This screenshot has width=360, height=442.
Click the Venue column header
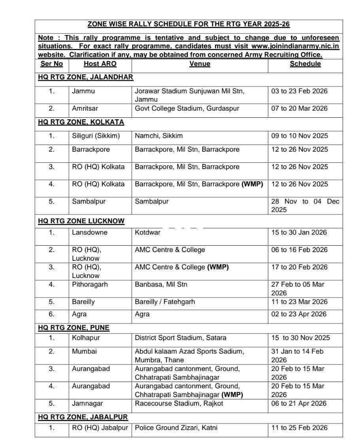click(x=200, y=64)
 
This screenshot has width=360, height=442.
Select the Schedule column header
click(x=305, y=64)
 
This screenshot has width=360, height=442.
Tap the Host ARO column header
click(x=100, y=64)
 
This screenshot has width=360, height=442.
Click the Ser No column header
click(x=51, y=64)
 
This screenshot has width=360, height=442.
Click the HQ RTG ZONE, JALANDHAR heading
click(x=85, y=77)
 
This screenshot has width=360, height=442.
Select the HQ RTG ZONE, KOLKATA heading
click(x=81, y=122)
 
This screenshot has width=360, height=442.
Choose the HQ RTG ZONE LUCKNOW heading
click(x=81, y=221)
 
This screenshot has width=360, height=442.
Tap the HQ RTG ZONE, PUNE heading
click(x=74, y=328)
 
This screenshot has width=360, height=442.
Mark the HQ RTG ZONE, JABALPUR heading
click(x=83, y=417)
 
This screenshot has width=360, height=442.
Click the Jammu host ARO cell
click(x=83, y=91)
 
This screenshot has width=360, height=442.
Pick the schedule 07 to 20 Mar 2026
click(x=300, y=109)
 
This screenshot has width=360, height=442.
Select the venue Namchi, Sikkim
click(x=159, y=136)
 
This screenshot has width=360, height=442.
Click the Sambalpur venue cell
click(x=152, y=201)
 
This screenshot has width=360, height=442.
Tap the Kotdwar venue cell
click(x=148, y=232)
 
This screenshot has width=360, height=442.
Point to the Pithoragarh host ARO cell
click(x=90, y=284)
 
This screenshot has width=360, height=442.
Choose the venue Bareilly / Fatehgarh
click(x=165, y=302)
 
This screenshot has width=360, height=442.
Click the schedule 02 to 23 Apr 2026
click(x=299, y=314)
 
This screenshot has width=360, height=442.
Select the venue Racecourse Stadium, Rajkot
click(x=179, y=403)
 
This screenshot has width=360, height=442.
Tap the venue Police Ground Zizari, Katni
click(x=176, y=428)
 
